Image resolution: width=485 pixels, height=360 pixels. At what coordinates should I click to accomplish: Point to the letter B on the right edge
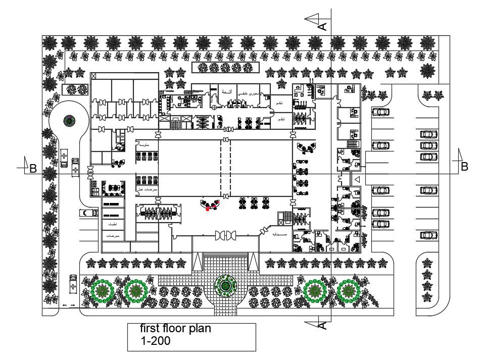click(464, 166)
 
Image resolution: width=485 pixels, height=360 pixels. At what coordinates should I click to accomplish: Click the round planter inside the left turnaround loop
click(69, 121)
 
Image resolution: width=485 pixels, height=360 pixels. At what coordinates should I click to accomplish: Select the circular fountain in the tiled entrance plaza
click(224, 286)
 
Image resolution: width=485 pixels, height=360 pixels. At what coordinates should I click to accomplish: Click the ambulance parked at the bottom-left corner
click(73, 286)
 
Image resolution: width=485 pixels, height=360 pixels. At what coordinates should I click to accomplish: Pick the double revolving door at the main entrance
click(225, 236)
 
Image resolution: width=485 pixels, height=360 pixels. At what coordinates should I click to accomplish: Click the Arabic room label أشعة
click(227, 92)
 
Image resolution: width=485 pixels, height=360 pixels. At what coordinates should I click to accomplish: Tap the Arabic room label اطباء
click(112, 224)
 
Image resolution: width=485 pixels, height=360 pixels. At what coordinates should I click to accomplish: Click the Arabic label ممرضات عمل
click(148, 189)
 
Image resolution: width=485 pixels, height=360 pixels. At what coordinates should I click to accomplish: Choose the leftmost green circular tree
click(104, 291)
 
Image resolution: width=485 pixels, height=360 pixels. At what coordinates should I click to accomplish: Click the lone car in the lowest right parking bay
click(428, 235)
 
